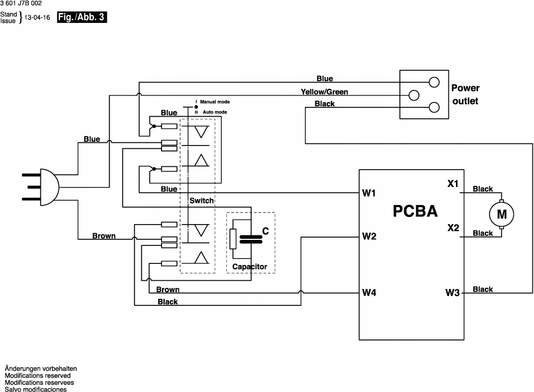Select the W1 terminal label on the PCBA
tap(369, 192)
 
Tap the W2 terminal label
tap(369, 236)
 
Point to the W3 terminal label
tap(453, 292)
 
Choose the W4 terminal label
tap(369, 292)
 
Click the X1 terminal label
tap(453, 184)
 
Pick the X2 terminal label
tap(453, 227)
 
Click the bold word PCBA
tap(415, 212)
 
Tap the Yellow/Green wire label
tap(324, 92)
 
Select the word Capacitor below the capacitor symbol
tap(249, 267)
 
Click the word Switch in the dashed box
tap(201, 201)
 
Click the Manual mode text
tap(215, 102)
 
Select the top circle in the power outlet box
tap(434, 82)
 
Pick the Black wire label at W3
tap(483, 289)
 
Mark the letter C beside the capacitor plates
tap(266, 231)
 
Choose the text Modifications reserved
tap(38, 375)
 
